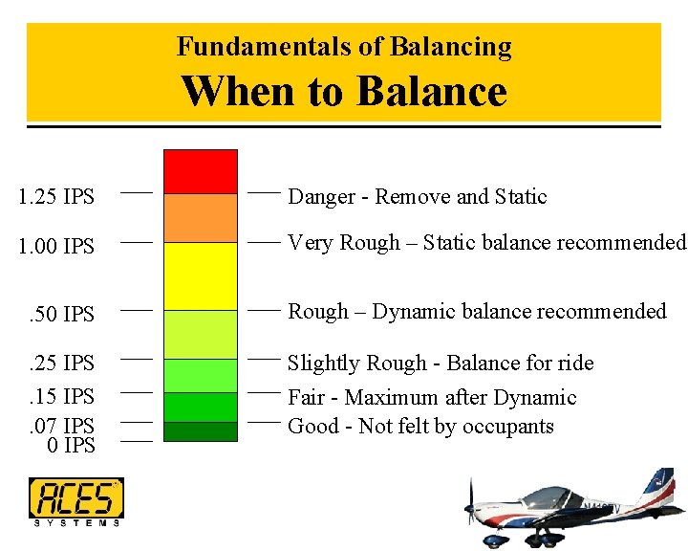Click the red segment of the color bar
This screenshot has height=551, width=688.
point(200,171)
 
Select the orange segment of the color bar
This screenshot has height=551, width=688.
point(200,218)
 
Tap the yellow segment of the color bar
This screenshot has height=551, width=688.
point(200,275)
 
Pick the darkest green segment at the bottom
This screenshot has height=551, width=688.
point(200,431)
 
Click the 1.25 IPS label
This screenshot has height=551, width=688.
point(56,197)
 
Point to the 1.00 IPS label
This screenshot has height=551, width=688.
point(56,247)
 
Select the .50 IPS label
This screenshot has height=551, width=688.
point(60,314)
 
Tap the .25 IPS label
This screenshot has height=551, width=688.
point(60,363)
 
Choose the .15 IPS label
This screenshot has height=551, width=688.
point(60,396)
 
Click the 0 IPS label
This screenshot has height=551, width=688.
point(71,446)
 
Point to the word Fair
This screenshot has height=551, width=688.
point(307,397)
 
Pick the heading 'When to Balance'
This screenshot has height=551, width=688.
point(344,92)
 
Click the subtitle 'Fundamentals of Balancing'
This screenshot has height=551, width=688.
point(344,46)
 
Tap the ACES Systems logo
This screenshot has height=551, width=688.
point(75,501)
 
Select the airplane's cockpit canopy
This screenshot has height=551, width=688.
point(550,496)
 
